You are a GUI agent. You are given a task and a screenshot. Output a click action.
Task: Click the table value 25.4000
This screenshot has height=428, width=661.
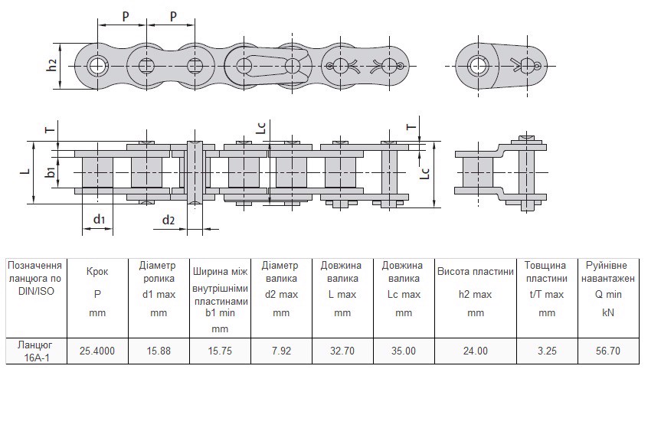[x=97, y=351]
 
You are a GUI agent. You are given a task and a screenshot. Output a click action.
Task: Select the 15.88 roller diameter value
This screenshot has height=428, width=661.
[x=159, y=351]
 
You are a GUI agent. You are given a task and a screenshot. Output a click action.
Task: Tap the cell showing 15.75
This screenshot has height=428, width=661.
[x=220, y=351]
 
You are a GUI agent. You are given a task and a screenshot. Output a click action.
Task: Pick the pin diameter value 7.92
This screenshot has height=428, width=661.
[x=281, y=351]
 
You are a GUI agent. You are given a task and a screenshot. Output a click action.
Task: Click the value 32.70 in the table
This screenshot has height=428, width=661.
[x=342, y=351]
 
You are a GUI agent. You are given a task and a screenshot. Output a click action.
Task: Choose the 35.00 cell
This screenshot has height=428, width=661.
[x=404, y=351]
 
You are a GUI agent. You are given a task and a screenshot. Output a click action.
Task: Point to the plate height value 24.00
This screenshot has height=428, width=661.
[x=475, y=351]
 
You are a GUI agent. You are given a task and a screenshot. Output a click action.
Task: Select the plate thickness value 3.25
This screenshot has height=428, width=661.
[x=547, y=351]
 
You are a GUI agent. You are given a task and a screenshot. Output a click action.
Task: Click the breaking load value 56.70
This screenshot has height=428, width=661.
[x=608, y=351]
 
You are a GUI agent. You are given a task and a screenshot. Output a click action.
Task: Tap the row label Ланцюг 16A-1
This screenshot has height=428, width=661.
[x=36, y=351]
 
